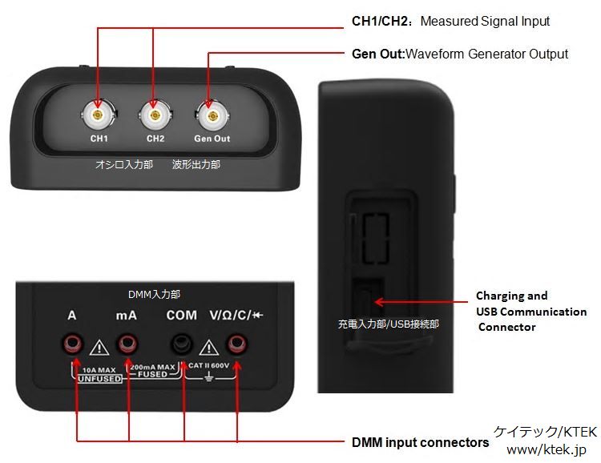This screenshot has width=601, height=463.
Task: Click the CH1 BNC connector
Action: [98, 115]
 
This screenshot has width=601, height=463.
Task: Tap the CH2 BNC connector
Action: [155, 115]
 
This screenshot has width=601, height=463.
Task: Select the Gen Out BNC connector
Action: [212, 115]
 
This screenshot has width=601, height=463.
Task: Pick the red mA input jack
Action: [127, 344]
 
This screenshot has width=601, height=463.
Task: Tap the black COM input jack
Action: [181, 344]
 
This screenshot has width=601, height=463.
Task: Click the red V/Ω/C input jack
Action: [236, 344]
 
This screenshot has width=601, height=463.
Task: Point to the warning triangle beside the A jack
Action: [99, 348]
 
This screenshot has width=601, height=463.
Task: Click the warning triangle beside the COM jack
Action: [209, 348]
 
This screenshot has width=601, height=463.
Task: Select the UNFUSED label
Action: [99, 379]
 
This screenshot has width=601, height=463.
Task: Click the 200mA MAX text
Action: [152, 367]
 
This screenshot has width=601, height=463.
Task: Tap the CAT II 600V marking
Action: [208, 365]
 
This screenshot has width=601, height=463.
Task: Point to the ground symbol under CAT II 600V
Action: [208, 376]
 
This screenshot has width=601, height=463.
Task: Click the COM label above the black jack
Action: [181, 316]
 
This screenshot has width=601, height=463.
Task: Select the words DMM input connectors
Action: [420, 442]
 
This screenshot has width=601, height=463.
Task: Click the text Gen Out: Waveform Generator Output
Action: [460, 54]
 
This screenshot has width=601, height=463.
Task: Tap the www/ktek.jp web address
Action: [547, 449]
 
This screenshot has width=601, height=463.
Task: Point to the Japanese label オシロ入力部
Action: [124, 164]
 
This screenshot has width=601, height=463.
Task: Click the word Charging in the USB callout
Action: [500, 296]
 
